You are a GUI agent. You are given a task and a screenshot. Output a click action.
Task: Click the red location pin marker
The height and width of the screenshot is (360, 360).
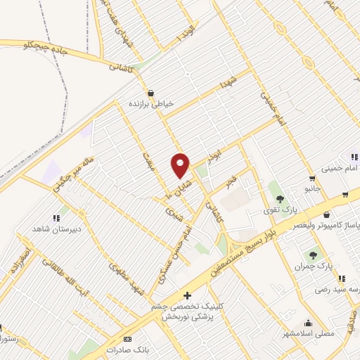click(x=181, y=165)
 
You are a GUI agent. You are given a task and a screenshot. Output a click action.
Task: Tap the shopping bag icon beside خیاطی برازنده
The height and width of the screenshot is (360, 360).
click(x=150, y=93)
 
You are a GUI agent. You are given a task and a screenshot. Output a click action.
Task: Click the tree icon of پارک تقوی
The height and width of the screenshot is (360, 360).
click(x=280, y=198)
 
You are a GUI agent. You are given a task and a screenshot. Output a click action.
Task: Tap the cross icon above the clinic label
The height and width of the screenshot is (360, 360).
click(x=187, y=296)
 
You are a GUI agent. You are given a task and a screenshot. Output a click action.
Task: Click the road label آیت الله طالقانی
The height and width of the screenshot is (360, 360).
click(x=70, y=266)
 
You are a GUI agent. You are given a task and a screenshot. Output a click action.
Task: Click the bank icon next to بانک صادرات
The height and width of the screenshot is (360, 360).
click(x=127, y=339)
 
